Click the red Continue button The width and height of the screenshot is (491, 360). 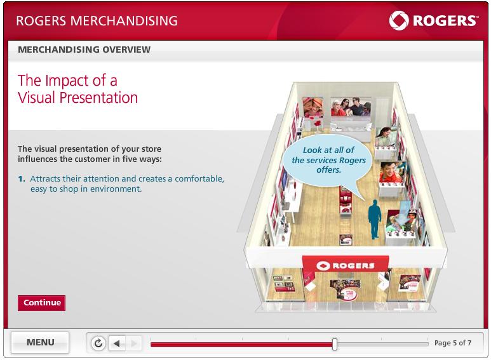click(x=42, y=303)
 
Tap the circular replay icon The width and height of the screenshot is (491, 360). click(x=98, y=343)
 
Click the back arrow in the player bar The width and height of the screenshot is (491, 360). click(x=117, y=343)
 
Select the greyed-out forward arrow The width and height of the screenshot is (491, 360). click(x=134, y=343)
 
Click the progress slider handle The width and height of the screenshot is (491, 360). click(x=335, y=344)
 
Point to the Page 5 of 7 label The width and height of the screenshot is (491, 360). click(x=453, y=343)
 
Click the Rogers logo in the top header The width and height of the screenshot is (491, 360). click(x=433, y=21)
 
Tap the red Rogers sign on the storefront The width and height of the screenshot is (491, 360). click(x=345, y=265)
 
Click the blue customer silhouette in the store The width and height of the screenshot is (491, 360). click(x=375, y=219)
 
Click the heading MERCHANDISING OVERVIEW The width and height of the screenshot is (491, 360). click(x=84, y=50)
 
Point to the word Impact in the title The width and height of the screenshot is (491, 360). click(x=67, y=81)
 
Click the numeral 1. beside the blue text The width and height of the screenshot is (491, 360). click(x=22, y=179)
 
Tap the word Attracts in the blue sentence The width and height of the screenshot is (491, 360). click(x=45, y=178)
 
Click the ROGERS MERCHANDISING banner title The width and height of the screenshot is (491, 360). click(x=97, y=21)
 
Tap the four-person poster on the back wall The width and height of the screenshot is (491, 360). click(x=351, y=107)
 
